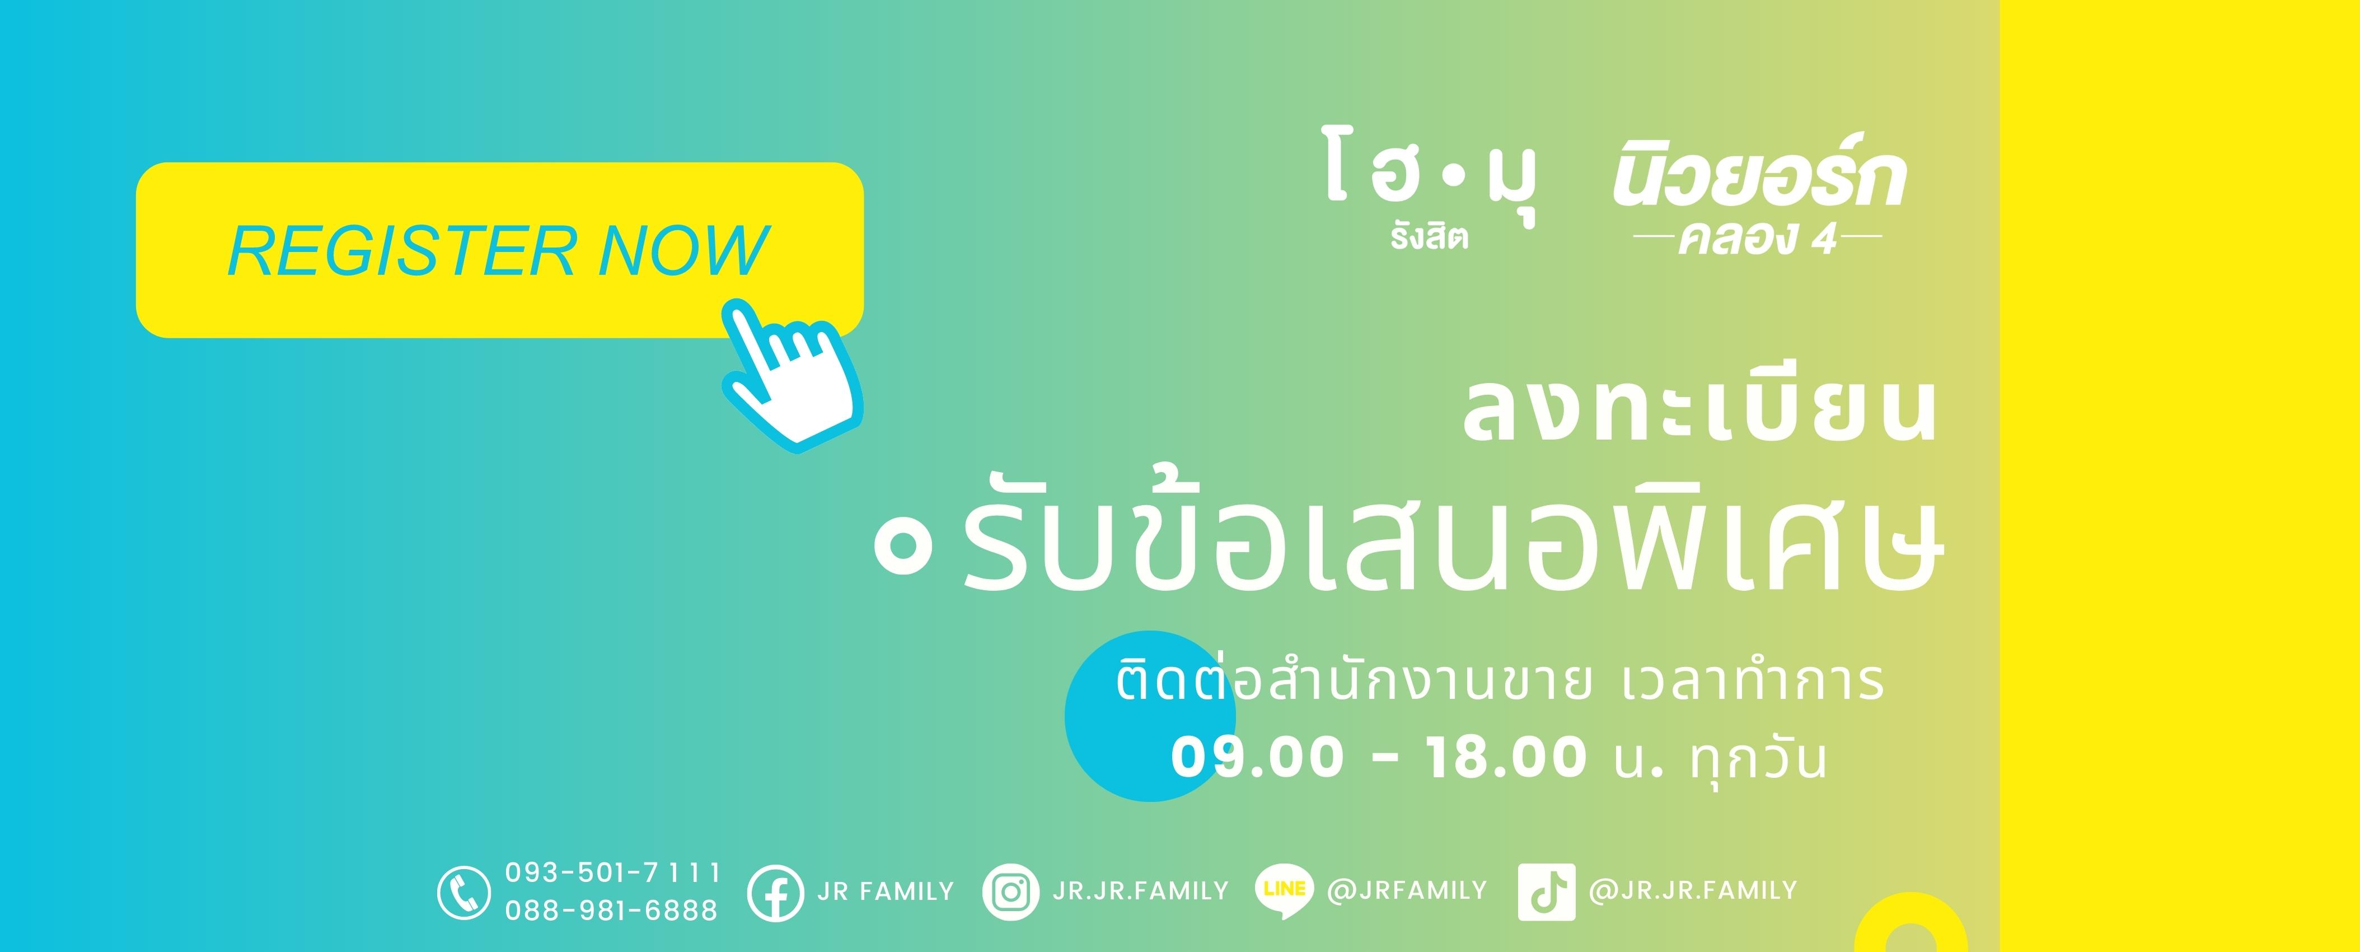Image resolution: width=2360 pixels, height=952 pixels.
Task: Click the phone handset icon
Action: click(x=463, y=893)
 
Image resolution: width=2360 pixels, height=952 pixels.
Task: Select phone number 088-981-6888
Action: click(x=612, y=910)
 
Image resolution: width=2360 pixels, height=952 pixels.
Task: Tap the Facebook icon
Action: click(x=775, y=893)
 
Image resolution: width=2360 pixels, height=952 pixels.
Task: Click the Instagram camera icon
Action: click(x=1010, y=892)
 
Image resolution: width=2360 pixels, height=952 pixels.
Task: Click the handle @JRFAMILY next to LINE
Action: click(x=1406, y=890)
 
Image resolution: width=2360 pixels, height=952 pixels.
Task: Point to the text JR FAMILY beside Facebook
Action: click(x=885, y=892)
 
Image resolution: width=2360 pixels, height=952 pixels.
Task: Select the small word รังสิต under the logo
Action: click(x=1429, y=237)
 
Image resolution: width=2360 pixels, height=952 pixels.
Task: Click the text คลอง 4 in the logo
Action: click(x=1757, y=239)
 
